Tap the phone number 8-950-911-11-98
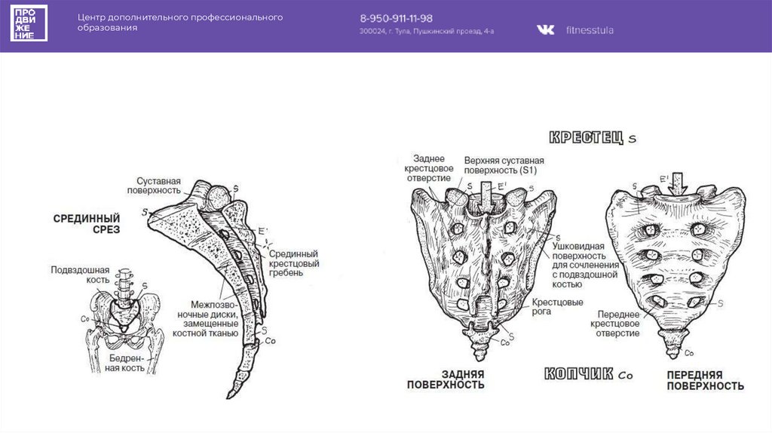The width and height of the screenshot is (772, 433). tap(396, 18)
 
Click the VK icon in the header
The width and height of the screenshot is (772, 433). tap(545, 29)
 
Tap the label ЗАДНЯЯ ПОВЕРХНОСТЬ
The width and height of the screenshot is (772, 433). tap(446, 379)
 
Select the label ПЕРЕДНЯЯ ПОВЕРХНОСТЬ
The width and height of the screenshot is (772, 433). tap(705, 380)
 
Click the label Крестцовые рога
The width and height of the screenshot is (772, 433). tap(558, 306)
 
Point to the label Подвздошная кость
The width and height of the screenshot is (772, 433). tap(80, 275)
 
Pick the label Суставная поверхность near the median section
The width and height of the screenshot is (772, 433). tap(159, 186)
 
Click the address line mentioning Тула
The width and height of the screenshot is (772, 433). tap(427, 32)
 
